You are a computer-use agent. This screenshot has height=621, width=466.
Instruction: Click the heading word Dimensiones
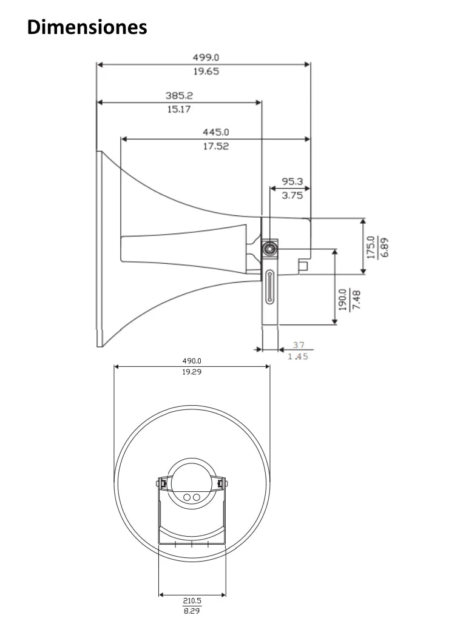[x=87, y=27]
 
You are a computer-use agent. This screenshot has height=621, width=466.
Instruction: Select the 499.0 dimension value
[x=206, y=58]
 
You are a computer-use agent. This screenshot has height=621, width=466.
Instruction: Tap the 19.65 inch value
[x=206, y=71]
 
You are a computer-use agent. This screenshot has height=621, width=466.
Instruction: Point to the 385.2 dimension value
[x=180, y=96]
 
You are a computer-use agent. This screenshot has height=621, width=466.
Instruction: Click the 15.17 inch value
[x=180, y=109]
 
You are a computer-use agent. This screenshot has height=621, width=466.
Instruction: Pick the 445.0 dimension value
[x=215, y=132]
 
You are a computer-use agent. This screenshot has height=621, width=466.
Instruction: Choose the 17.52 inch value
[x=215, y=146]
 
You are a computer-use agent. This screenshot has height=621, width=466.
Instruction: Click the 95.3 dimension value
[x=292, y=181]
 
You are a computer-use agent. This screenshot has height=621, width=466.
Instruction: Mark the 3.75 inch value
[x=292, y=195]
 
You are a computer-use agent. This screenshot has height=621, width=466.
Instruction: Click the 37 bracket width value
[x=298, y=344]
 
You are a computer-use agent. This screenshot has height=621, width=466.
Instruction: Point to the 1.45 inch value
[x=298, y=357]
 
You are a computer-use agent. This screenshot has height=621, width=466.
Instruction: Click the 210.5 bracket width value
[x=192, y=601]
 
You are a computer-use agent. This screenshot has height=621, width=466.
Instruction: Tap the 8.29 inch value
[x=192, y=611]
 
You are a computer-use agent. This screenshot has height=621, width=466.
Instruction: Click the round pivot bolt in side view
[x=269, y=249]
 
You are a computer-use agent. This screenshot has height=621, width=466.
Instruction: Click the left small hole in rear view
[x=187, y=497]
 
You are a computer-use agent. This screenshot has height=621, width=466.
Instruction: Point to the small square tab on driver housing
[x=303, y=265]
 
